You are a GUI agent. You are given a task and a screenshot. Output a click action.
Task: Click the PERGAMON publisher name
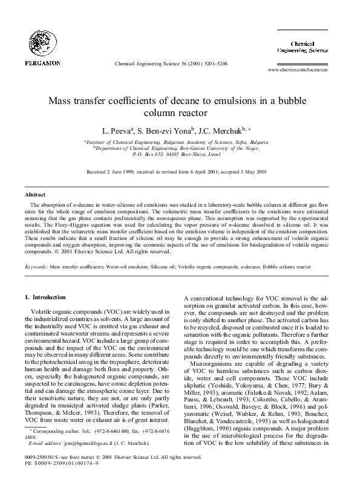point(42,62)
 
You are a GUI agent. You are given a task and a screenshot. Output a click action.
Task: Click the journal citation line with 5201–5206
point(170,63)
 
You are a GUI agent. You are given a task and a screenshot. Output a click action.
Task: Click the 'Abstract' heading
point(34,195)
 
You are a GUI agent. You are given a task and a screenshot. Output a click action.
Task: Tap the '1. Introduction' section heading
point(44,297)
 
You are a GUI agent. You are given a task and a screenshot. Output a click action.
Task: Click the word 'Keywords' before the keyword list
point(35,266)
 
